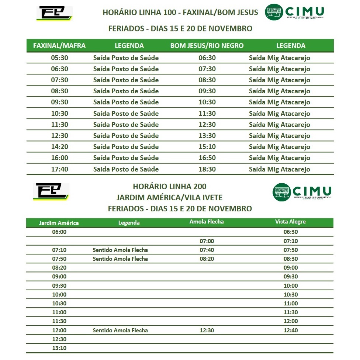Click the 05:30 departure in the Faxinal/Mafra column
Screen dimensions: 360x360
point(59,58)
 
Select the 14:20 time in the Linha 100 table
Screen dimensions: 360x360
point(59,147)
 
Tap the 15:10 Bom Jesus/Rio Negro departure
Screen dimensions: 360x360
point(207,147)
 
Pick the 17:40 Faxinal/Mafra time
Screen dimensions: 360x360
point(59,169)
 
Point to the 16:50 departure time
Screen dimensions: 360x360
point(207,158)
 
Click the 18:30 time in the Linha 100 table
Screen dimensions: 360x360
point(207,169)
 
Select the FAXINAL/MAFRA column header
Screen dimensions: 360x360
point(59,46)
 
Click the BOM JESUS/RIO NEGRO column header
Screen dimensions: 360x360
point(207,46)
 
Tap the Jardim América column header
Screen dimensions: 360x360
point(59,223)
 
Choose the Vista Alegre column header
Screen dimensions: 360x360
point(290,222)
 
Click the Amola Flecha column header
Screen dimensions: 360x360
point(207,222)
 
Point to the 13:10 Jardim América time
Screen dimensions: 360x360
point(59,348)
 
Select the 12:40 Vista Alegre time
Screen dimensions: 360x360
point(291,330)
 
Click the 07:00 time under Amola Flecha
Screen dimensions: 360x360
point(207,241)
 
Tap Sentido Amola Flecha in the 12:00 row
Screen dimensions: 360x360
point(120,330)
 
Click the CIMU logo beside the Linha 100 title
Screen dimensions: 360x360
point(294,12)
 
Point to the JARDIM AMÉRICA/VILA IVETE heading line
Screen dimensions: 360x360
point(170,197)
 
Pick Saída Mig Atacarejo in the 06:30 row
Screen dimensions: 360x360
point(280,58)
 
